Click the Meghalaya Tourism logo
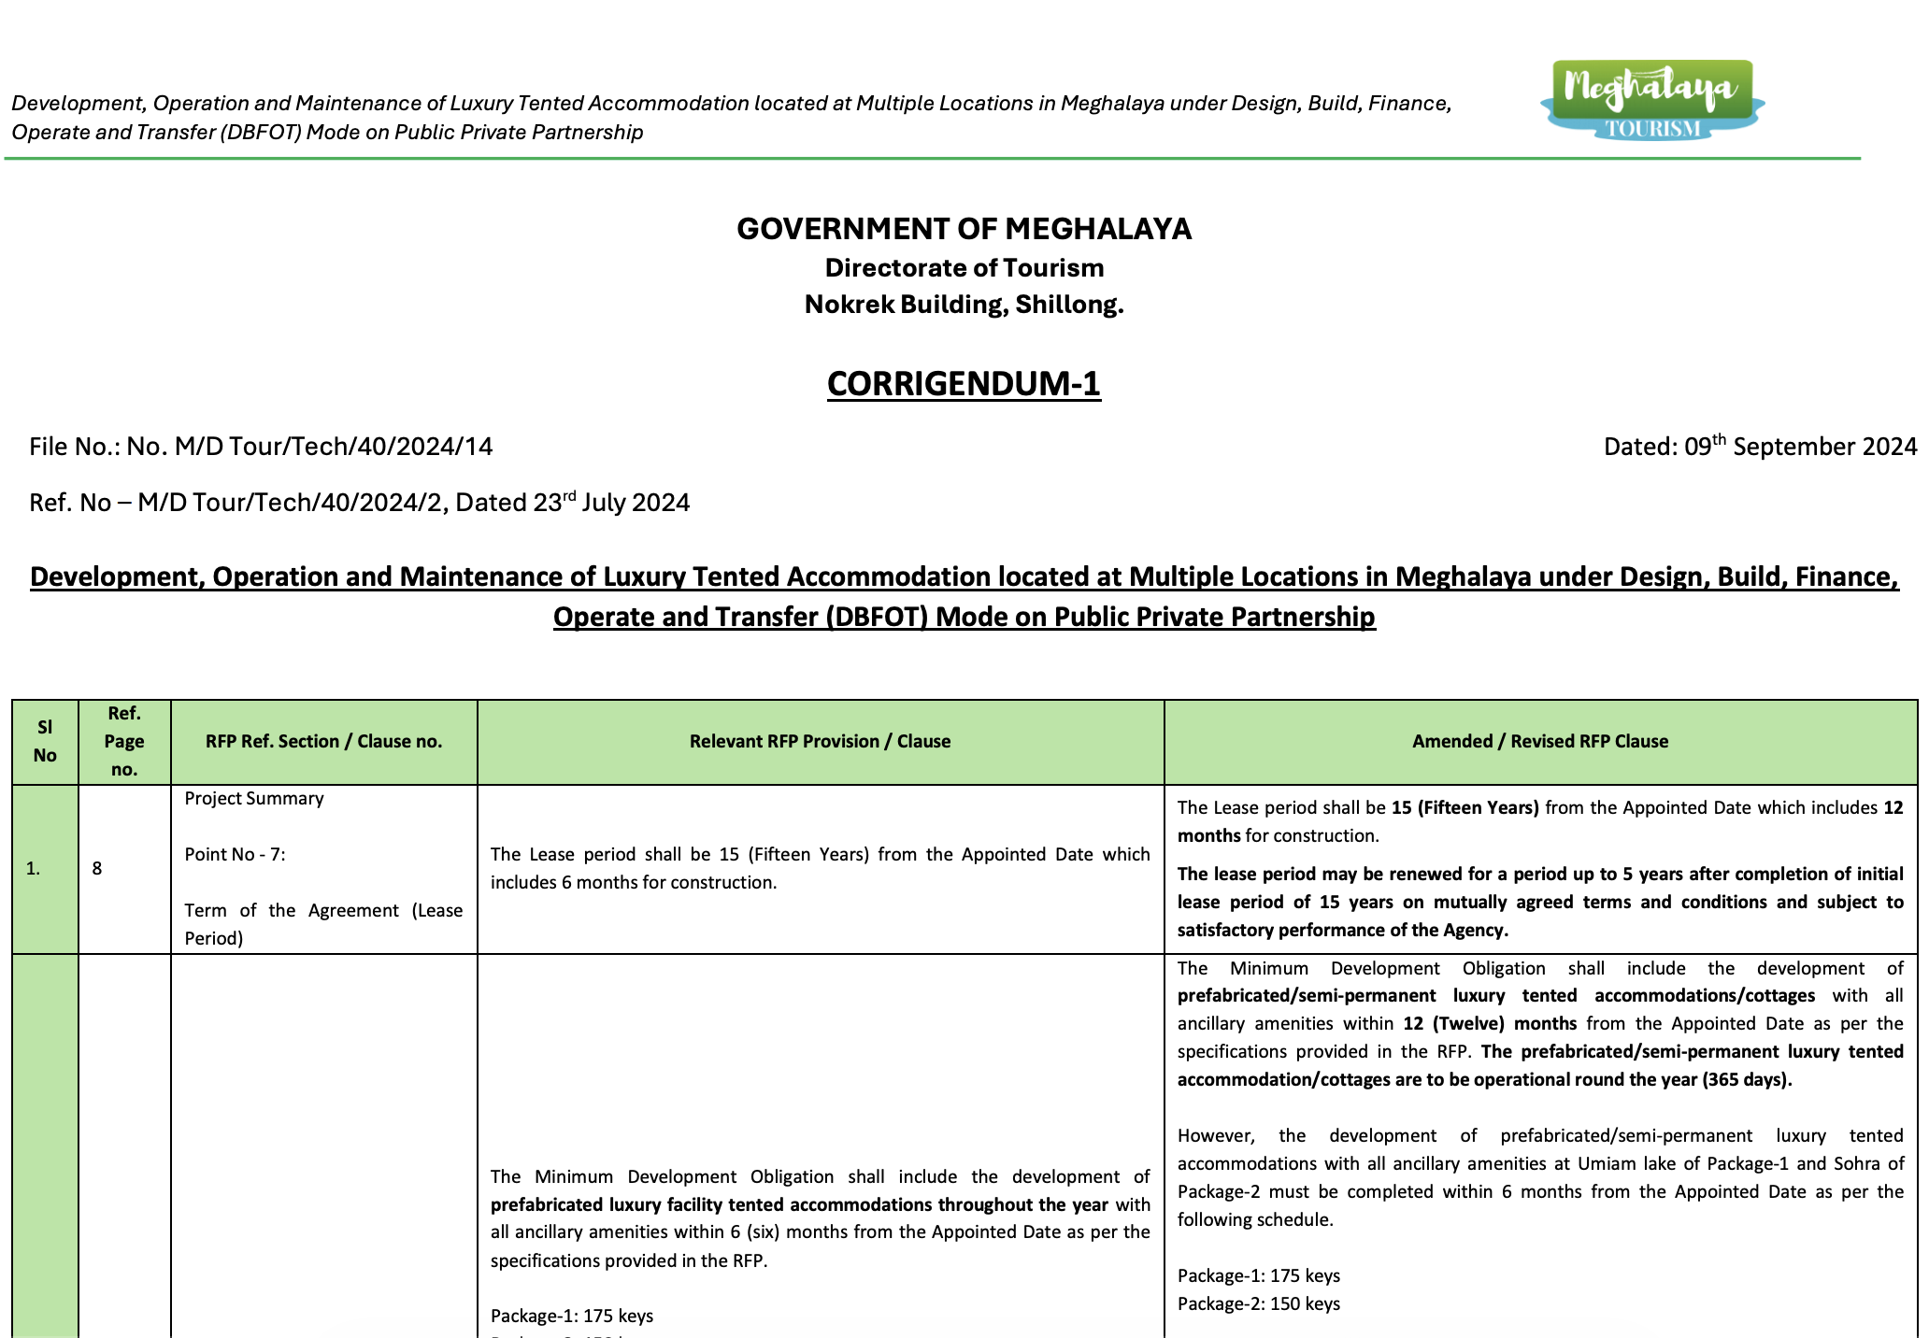(x=1651, y=100)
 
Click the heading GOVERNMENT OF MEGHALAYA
(x=964, y=229)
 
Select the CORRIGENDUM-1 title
(x=964, y=384)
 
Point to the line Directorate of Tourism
(x=964, y=268)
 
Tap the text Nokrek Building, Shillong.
(x=964, y=305)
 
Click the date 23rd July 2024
(x=611, y=503)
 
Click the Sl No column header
(x=45, y=741)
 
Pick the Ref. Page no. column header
(x=124, y=741)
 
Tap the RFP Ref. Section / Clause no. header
(x=323, y=741)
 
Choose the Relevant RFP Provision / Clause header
(x=820, y=741)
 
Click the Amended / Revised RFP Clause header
(x=1539, y=741)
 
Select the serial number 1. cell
(x=34, y=868)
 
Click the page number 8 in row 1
(x=97, y=868)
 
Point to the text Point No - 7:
(x=235, y=854)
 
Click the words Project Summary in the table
(x=254, y=798)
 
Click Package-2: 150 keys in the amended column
(x=1258, y=1303)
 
